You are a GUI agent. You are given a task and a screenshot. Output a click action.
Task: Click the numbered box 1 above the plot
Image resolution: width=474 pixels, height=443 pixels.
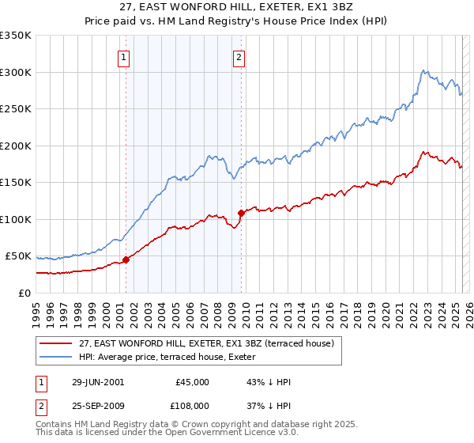click(x=126, y=57)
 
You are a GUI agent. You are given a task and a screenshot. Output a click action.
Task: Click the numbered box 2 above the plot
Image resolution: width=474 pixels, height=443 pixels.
click(x=239, y=57)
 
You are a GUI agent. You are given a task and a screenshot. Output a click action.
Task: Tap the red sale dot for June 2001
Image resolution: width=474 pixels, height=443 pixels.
click(x=126, y=259)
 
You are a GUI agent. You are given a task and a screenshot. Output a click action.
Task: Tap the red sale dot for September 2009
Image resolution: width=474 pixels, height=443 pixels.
click(x=241, y=213)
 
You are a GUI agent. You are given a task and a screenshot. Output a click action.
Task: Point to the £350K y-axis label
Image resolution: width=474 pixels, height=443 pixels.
click(x=16, y=36)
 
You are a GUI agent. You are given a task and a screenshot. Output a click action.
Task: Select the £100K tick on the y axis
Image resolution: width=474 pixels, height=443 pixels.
click(x=16, y=219)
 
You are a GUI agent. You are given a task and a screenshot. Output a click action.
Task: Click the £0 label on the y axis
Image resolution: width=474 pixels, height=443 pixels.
click(x=24, y=293)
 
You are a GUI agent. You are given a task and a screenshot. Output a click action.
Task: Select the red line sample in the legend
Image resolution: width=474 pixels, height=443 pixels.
click(x=55, y=343)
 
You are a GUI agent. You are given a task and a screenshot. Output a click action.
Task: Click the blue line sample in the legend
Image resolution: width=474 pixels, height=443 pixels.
click(x=55, y=357)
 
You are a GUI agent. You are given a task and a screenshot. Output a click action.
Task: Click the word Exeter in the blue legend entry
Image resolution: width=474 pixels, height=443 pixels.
click(x=321, y=357)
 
